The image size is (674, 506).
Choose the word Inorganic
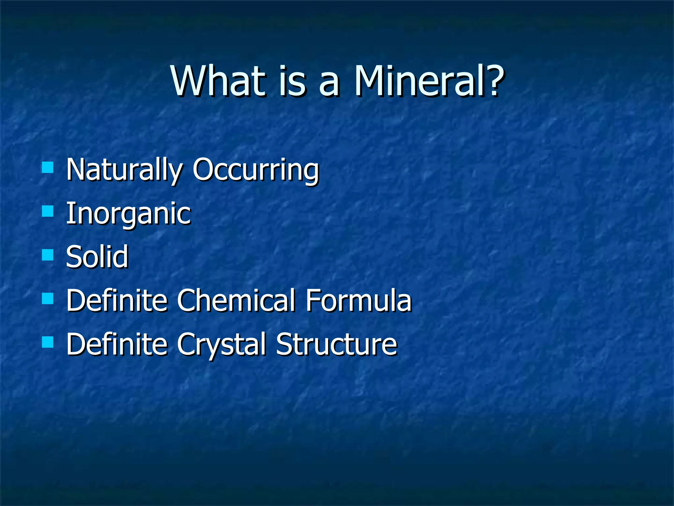[128, 214]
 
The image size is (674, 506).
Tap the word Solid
[97, 257]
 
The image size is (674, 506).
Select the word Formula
[358, 300]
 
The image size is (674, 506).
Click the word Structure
[336, 344]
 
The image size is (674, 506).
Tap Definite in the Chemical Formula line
[117, 300]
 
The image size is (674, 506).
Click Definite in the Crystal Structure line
[117, 344]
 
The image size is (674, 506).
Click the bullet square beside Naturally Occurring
[48, 167]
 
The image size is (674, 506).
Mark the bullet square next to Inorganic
[48, 211]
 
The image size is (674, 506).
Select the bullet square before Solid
[48, 255]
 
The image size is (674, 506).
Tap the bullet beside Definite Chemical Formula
[48, 298]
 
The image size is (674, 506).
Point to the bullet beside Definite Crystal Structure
[48, 342]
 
